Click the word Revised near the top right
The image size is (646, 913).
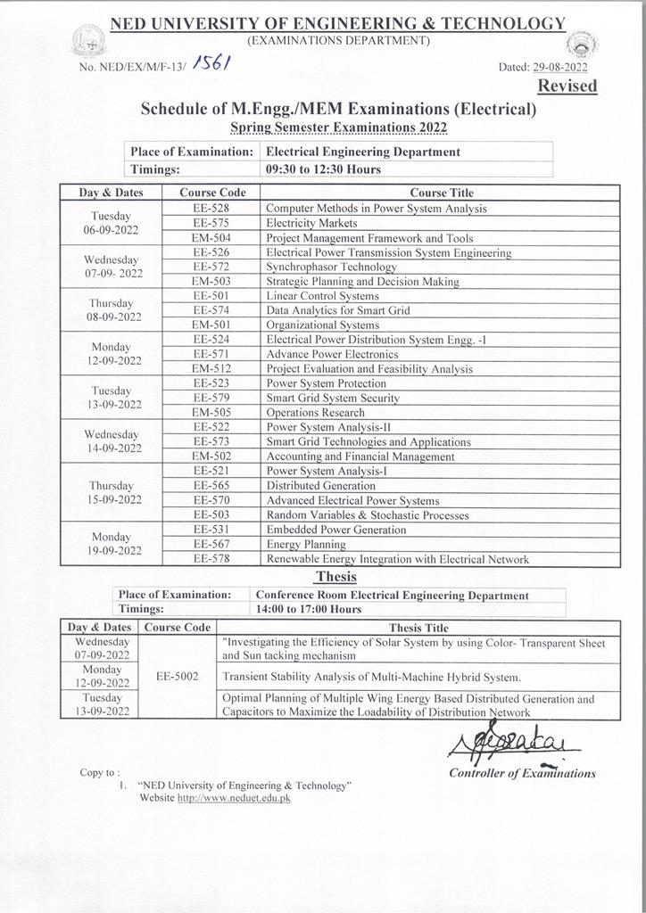[x=567, y=86]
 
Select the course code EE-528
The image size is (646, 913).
[x=211, y=209]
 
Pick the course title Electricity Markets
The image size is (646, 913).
[x=311, y=223]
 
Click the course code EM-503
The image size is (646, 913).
[x=211, y=282]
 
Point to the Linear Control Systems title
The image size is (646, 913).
[x=322, y=296]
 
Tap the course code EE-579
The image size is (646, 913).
[x=211, y=398]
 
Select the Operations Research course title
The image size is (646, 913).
[x=315, y=413]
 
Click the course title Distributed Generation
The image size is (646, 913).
[x=320, y=486]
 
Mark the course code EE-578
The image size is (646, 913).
[x=211, y=559]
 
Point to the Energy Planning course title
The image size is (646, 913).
[x=306, y=544]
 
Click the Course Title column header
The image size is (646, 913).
[x=442, y=193]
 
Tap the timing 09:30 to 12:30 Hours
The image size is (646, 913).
[x=323, y=169]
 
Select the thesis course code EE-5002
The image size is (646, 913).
[x=178, y=676]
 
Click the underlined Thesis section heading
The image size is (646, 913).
[x=335, y=577]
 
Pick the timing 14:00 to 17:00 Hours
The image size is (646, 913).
[x=309, y=610]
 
